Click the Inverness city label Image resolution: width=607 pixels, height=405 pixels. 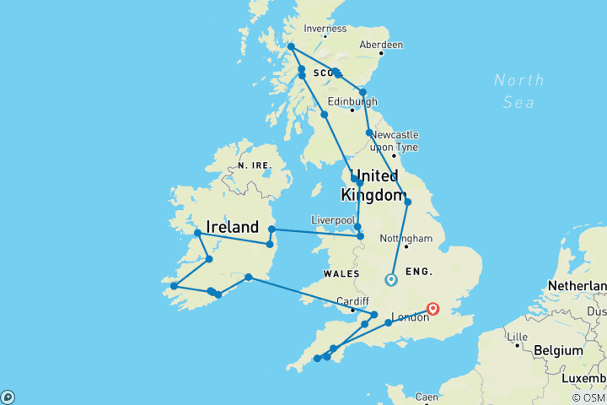[x=325, y=28]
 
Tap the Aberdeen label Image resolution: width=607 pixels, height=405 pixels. [x=381, y=45]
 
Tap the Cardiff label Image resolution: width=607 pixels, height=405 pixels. [x=352, y=301]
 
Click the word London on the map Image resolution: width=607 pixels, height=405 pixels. [x=411, y=318]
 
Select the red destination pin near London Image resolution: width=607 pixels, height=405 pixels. [x=433, y=309]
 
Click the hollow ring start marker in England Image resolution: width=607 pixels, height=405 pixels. [x=390, y=280]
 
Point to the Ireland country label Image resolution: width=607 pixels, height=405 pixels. [x=232, y=227]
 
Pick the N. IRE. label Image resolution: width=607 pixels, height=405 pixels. [x=254, y=165]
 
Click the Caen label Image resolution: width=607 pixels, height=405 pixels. [x=427, y=397]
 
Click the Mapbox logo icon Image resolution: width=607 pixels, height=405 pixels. [x=8, y=397]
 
